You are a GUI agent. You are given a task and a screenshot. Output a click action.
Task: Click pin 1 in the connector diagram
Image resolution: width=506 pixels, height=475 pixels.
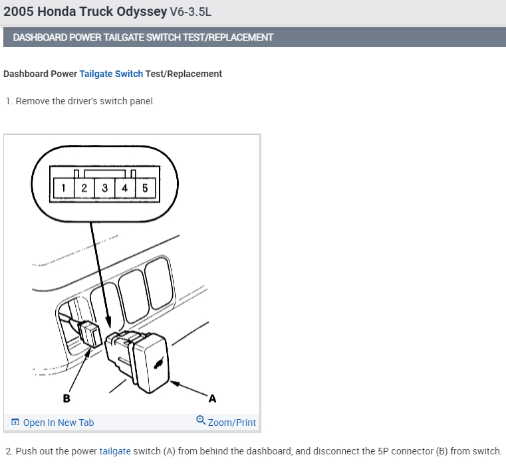pyautogui.click(x=63, y=188)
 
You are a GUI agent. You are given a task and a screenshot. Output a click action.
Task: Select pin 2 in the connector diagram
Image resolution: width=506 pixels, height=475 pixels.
pyautogui.click(x=84, y=188)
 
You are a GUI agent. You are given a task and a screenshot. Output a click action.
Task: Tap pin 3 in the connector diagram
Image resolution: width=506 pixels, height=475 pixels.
pyautogui.click(x=104, y=188)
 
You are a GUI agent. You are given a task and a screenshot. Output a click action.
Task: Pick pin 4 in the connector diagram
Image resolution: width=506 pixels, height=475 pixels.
pyautogui.click(x=124, y=188)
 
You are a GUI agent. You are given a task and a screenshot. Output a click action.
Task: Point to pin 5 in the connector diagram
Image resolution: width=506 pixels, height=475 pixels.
pyautogui.click(x=145, y=188)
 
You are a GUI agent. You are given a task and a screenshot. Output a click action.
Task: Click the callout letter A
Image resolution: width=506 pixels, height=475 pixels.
pyautogui.click(x=212, y=399)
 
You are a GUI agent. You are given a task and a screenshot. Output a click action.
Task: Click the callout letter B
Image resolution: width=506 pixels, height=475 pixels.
pyautogui.click(x=66, y=399)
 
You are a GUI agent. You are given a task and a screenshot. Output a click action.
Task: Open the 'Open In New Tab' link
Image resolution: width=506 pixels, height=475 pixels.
pyautogui.click(x=58, y=423)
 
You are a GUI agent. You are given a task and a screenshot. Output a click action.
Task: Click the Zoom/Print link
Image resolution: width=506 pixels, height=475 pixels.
pyautogui.click(x=231, y=423)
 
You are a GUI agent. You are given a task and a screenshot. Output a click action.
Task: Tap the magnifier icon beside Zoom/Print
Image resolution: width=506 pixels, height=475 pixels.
pyautogui.click(x=201, y=421)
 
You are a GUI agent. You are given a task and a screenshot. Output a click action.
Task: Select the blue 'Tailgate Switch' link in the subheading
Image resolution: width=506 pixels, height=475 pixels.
pyautogui.click(x=111, y=74)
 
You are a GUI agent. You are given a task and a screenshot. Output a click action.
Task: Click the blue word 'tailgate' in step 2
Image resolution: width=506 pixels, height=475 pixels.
pyautogui.click(x=115, y=451)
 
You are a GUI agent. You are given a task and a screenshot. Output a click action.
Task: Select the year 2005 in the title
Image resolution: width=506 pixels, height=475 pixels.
pyautogui.click(x=17, y=12)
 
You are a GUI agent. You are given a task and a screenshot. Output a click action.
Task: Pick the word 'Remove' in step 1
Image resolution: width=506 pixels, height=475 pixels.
pyautogui.click(x=33, y=101)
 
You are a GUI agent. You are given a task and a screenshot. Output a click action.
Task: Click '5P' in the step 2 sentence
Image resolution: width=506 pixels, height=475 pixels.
pyautogui.click(x=384, y=451)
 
